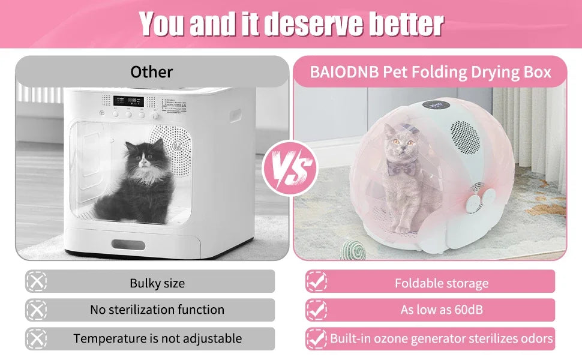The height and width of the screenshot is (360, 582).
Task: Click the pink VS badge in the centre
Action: click(x=290, y=169)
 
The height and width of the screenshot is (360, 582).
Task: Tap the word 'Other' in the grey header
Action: click(x=151, y=72)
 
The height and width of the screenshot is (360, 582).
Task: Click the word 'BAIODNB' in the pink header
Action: click(x=344, y=72)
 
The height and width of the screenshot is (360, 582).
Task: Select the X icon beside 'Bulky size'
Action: click(x=37, y=281)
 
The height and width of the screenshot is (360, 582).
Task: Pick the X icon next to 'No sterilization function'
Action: click(x=37, y=310)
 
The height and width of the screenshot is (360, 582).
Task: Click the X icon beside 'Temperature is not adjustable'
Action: click(x=37, y=339)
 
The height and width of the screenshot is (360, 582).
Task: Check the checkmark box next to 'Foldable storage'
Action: click(x=317, y=281)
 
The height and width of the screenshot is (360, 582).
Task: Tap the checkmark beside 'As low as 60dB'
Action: click(x=317, y=310)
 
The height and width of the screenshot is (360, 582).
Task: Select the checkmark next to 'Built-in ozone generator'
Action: click(x=317, y=339)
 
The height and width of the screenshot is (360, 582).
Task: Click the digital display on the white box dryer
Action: click(x=129, y=101)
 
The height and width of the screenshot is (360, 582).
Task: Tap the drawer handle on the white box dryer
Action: click(x=128, y=245)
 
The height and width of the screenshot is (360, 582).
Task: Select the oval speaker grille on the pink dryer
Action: click(x=466, y=137)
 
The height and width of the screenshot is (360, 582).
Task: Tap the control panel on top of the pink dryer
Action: click(x=437, y=106)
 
